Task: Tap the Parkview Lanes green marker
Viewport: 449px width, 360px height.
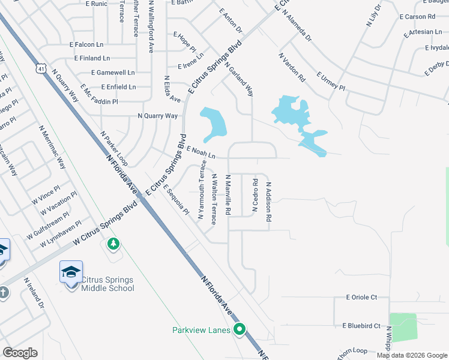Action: pyautogui.click(x=240, y=329)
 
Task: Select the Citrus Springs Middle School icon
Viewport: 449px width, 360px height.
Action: pyautogui.click(x=71, y=272)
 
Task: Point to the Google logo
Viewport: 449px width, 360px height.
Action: pyautogui.click(x=20, y=353)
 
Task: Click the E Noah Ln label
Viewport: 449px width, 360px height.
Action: pyautogui.click(x=201, y=152)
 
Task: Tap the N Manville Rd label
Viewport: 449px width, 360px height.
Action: pyautogui.click(x=228, y=196)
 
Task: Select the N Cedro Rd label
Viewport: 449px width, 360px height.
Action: pyautogui.click(x=255, y=195)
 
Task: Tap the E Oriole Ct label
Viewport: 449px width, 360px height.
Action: pyautogui.click(x=361, y=297)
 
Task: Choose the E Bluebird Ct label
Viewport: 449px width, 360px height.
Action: pyautogui.click(x=361, y=326)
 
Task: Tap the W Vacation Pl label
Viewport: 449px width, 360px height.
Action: pyautogui.click(x=59, y=203)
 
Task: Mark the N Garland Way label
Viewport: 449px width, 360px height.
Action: pyautogui.click(x=240, y=81)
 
